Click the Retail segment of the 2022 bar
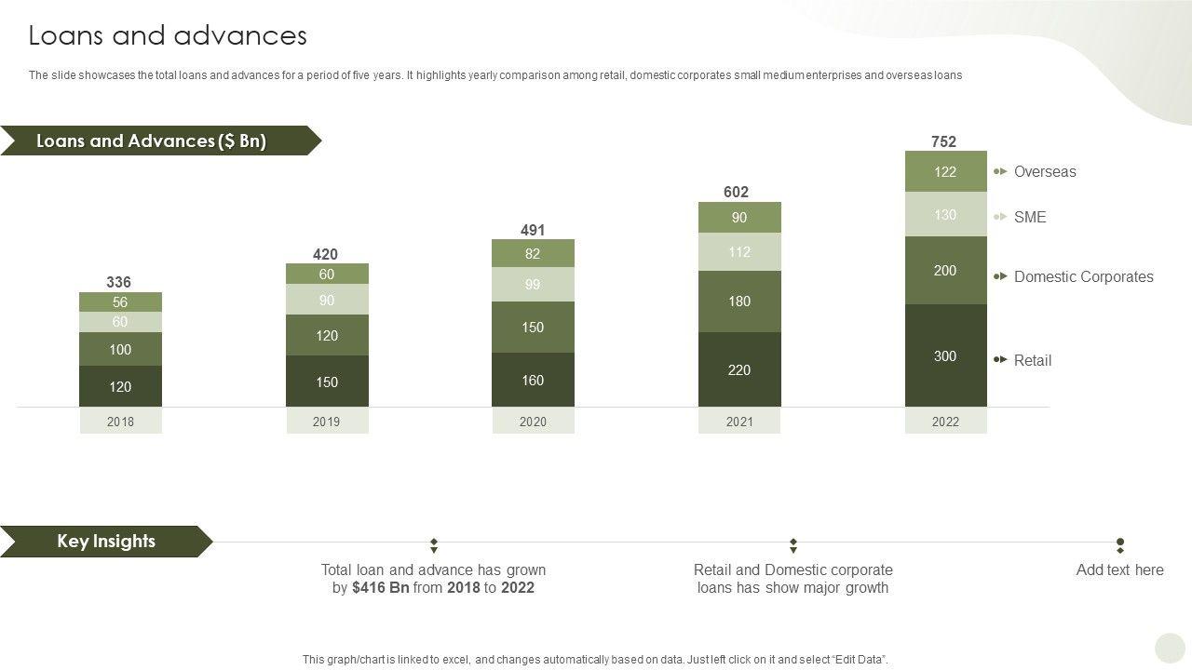point(945,355)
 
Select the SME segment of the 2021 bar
point(739,252)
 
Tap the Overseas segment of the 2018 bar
point(120,301)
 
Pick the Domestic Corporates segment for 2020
point(533,328)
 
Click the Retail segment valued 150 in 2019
point(326,382)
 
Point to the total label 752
point(943,141)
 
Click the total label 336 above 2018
point(118,282)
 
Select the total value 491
point(532,230)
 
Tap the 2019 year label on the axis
point(326,422)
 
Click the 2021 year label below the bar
point(739,422)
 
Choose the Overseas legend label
point(1044,171)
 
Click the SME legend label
point(1029,217)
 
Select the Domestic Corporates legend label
point(1083,276)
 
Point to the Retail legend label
point(1032,360)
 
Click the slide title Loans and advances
point(168,35)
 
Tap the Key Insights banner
point(105,541)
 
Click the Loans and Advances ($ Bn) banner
point(151,141)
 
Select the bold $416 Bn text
point(380,588)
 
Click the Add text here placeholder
point(1119,569)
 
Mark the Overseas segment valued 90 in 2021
point(739,218)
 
